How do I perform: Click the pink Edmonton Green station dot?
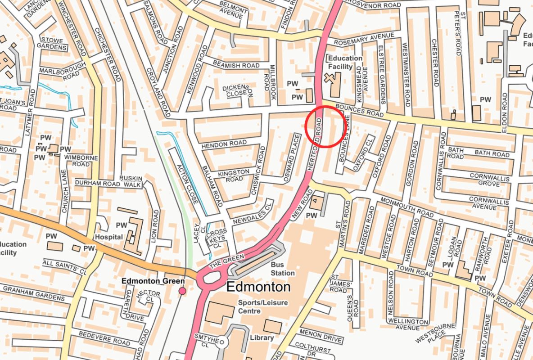[182, 292]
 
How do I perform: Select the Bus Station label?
[283, 269]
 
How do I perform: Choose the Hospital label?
[108, 237]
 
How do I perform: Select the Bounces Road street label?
[360, 111]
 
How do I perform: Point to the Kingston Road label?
[234, 175]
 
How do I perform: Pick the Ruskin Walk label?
[131, 181]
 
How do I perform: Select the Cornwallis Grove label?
[489, 180]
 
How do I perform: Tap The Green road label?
[226, 260]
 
